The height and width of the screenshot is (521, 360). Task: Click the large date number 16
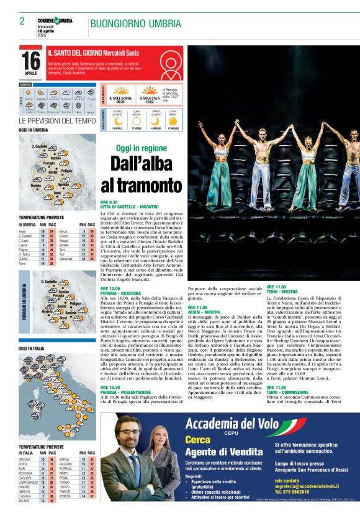click(x=30, y=60)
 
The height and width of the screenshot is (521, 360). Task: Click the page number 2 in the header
click(x=22, y=21)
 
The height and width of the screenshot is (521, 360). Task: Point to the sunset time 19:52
click(x=149, y=102)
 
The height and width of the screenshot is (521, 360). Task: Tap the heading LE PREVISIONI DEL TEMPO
click(x=57, y=120)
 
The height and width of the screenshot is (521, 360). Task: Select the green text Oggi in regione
click(x=141, y=149)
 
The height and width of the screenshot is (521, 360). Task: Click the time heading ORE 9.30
click(x=109, y=202)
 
